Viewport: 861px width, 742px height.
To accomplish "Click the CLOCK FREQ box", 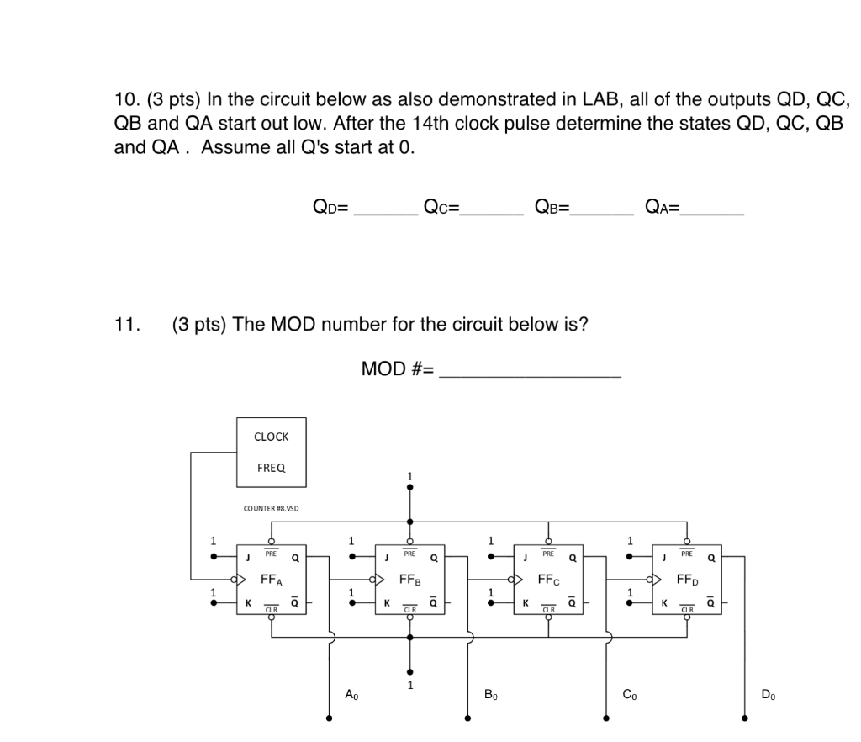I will tap(271, 453).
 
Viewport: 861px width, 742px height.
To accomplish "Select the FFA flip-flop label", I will tap(272, 580).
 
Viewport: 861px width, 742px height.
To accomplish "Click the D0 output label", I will tap(768, 694).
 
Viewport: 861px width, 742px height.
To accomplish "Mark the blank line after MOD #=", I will tap(531, 376).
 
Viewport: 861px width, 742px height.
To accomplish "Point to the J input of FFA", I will tap(248, 557).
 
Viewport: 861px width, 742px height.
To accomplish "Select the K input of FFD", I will tap(664, 603).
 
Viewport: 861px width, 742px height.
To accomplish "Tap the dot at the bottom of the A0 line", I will tap(329, 718).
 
